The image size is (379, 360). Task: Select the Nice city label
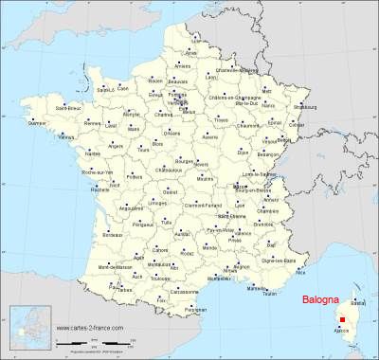tap(300, 272)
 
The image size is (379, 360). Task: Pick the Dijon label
tap(244, 151)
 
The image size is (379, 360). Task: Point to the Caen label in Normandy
tap(122, 88)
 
